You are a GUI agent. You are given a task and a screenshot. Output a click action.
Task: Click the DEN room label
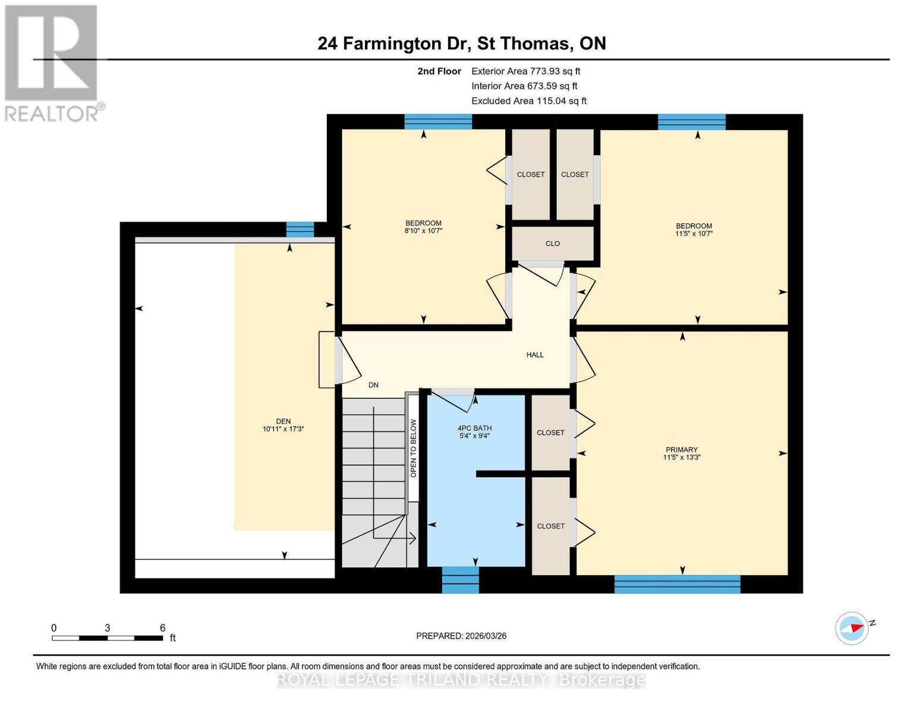click(283, 421)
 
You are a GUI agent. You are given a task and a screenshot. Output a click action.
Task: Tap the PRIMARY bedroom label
click(681, 450)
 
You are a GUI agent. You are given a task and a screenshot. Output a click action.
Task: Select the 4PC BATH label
click(474, 428)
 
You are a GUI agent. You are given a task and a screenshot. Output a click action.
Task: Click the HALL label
click(535, 355)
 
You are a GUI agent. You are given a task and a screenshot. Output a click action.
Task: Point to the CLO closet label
click(552, 244)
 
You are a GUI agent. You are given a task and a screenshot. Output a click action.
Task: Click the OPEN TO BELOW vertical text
click(413, 448)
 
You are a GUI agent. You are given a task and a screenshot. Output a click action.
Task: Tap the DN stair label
click(373, 385)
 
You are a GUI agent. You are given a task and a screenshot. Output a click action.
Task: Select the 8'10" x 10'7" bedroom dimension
click(423, 231)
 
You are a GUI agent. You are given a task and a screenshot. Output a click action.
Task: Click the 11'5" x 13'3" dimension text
click(682, 458)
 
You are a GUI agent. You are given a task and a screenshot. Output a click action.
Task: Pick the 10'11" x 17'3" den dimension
click(283, 429)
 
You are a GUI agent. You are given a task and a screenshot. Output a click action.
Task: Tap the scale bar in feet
click(107, 638)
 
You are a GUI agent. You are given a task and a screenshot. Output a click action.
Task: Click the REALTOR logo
click(52, 62)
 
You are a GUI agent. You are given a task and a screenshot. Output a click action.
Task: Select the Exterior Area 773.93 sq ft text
click(525, 71)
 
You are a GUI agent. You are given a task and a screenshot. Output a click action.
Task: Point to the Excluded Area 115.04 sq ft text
click(528, 101)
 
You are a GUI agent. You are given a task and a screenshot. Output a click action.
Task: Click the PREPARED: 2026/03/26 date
click(461, 636)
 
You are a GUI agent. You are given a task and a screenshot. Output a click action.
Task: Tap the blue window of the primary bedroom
click(677, 584)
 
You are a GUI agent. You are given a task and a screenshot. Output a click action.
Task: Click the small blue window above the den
click(300, 229)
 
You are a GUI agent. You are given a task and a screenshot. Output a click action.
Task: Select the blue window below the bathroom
click(460, 580)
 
